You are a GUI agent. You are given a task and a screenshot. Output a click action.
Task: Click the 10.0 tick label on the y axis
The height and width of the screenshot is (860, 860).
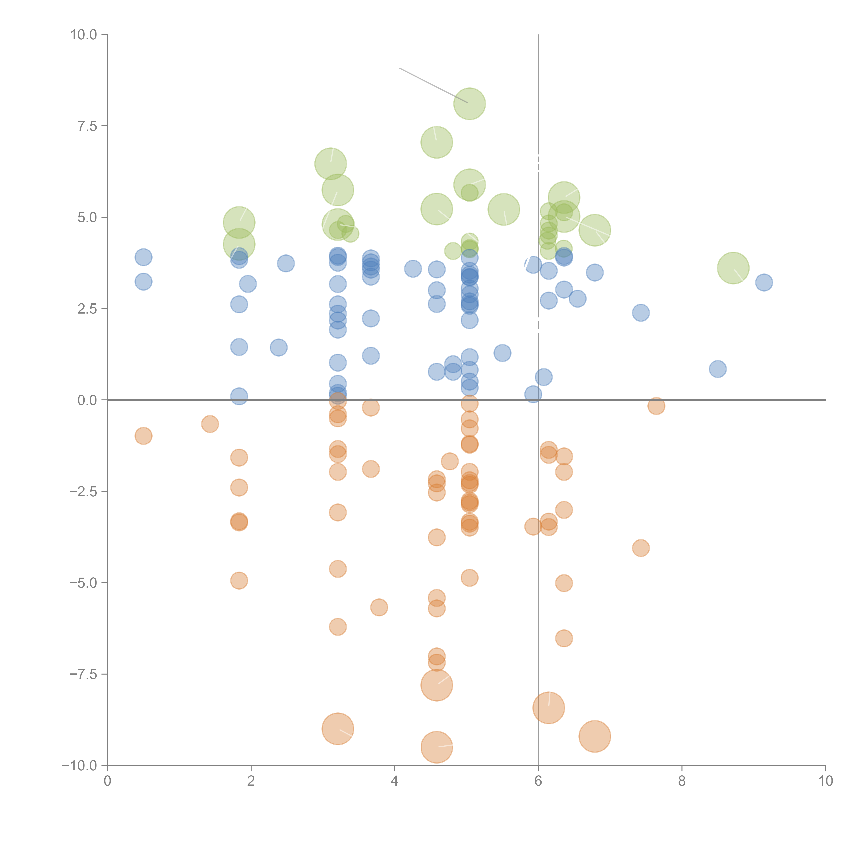click(84, 35)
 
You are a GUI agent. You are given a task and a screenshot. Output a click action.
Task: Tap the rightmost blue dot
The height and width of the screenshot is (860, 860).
click(764, 282)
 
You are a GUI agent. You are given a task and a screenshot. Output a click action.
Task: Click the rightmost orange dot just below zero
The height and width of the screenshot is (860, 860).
click(656, 406)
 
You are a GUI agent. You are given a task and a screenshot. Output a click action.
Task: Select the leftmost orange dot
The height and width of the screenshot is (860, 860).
click(143, 436)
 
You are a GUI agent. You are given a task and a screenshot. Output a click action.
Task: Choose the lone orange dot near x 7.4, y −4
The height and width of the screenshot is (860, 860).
click(641, 548)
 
